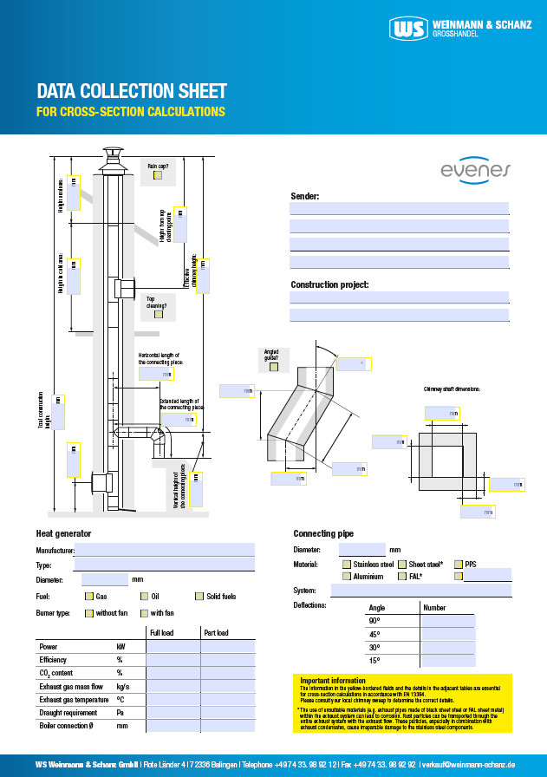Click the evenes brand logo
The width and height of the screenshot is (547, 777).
pos(476,170)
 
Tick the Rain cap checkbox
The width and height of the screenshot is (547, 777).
pos(157,175)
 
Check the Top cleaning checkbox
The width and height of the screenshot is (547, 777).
pos(158,314)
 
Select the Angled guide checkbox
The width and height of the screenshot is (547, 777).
pos(274,367)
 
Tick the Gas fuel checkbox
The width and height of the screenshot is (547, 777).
pos(88,597)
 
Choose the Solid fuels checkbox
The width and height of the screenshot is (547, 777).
pos(199,597)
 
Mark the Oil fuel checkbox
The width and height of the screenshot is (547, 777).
pos(144,597)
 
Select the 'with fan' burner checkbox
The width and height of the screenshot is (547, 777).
pos(144,613)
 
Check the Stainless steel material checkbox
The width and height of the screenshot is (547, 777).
pos(347,565)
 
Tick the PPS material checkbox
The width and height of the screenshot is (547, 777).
pos(459,565)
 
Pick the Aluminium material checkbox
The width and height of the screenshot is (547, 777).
pos(347,576)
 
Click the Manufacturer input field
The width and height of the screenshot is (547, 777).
pos(165,550)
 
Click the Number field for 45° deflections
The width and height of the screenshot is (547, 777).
pos(447,634)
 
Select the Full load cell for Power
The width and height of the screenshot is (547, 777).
pos(173,646)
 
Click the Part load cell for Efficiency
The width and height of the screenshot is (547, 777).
pos(227,659)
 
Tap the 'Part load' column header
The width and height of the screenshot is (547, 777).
pos(216,633)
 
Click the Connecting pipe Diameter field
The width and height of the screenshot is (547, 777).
pos(361,550)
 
